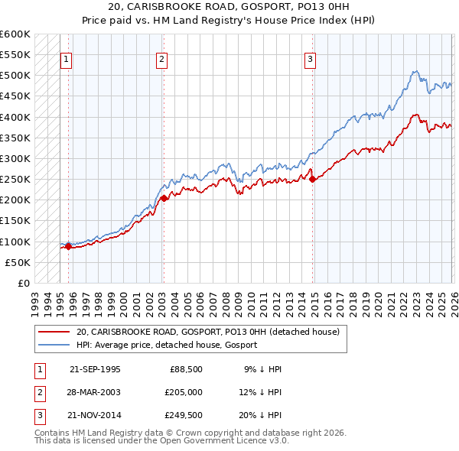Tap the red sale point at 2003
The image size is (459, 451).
pos(164,198)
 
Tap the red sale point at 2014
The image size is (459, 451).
pos(312,180)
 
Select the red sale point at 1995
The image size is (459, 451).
pos(68,246)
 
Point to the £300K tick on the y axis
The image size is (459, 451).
pos(15,158)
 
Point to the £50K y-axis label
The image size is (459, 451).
pos(18,262)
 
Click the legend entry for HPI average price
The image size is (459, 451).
pos(166,345)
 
